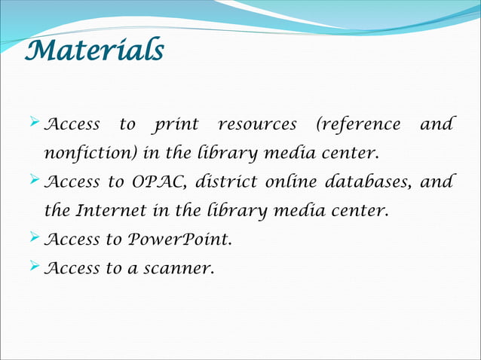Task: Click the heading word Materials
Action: tap(93, 51)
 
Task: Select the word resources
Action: tap(256, 124)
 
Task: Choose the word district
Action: tap(225, 182)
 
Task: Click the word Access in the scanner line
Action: tap(72, 269)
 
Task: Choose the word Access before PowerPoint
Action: tap(72, 240)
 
